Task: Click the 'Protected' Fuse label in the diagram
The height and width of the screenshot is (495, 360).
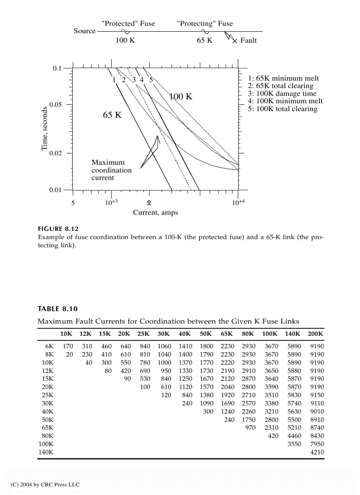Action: click(128, 23)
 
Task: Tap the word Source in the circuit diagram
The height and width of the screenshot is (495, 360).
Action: click(84, 31)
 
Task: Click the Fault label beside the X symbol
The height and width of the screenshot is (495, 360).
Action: click(248, 40)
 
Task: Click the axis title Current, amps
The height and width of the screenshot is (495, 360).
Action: click(155, 212)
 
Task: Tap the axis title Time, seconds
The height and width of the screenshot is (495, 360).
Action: click(45, 128)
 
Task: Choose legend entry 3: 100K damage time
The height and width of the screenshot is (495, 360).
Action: click(282, 94)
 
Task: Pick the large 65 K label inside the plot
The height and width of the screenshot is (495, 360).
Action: click(112, 115)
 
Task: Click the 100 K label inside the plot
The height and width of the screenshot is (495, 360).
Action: click(181, 97)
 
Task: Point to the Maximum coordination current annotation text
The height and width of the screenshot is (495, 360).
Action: click(111, 170)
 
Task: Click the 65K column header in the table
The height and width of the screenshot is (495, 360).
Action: click(228, 334)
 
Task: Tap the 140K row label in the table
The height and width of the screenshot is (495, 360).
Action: click(46, 452)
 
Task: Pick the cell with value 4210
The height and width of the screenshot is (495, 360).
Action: click(317, 452)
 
